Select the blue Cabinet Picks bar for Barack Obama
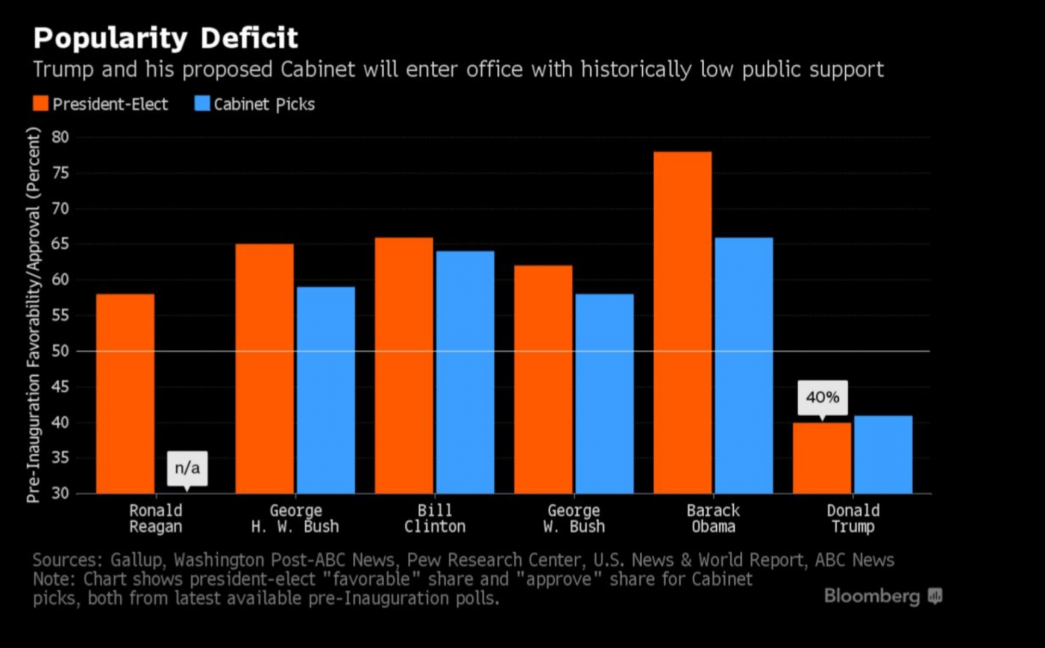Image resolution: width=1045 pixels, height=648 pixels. coord(743,365)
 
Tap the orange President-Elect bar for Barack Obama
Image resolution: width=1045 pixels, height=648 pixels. coord(683,323)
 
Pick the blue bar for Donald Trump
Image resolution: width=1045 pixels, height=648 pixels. coord(883,454)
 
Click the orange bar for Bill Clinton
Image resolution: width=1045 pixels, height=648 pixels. coord(404,365)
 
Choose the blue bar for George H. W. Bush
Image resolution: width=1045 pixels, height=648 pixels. coord(325,390)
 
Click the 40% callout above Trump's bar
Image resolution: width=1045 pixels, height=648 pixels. coord(822,397)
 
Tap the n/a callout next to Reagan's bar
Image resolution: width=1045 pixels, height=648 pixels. coord(187,468)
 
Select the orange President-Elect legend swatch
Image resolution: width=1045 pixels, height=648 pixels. coord(41,103)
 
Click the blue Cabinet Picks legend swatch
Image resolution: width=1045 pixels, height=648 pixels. coord(202,103)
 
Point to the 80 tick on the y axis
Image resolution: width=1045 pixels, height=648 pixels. coord(60,137)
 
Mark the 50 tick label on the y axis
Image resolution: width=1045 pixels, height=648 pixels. coord(60,351)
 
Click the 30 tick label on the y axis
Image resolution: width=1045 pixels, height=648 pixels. coord(60,493)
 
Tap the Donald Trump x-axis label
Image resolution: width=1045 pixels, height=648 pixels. coord(853,519)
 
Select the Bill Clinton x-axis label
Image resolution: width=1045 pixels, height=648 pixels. coord(434,519)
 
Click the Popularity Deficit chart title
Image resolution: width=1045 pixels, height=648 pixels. coord(165,38)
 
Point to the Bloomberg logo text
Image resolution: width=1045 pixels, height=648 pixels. coord(872,596)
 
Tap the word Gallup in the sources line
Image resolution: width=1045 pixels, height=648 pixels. coord(136,560)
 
